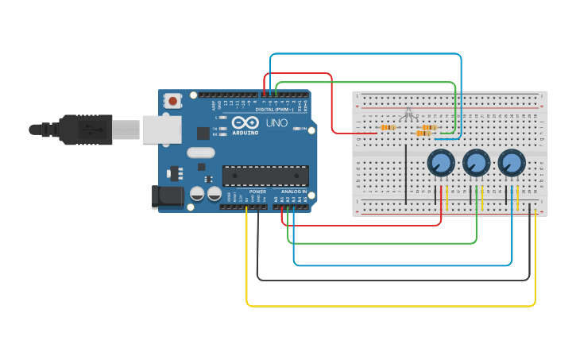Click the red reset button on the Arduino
(x=172, y=101)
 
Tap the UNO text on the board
(x=276, y=123)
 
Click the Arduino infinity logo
(x=246, y=123)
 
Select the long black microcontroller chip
(x=265, y=176)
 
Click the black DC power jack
(x=165, y=196)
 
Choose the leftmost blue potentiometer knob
(x=440, y=164)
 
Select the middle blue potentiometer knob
(x=476, y=164)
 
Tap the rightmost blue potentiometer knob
(x=512, y=164)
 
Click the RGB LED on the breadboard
(x=408, y=115)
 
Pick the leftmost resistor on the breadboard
(x=388, y=127)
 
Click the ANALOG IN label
(x=293, y=192)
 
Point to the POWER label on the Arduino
(x=257, y=192)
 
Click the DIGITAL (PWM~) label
(x=273, y=109)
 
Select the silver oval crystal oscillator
(x=201, y=153)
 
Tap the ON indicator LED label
(x=303, y=128)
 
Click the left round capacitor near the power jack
(x=197, y=193)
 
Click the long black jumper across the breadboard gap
(x=406, y=173)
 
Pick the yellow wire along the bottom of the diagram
(x=389, y=305)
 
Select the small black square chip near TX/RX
(x=203, y=134)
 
